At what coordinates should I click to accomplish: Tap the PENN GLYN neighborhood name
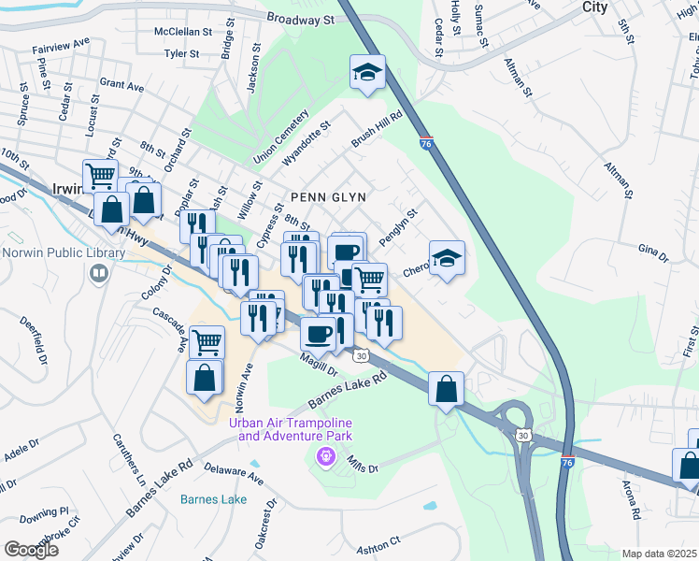[x=327, y=197]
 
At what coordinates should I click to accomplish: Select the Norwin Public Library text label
[x=64, y=253]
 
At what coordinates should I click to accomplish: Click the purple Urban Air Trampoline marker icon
[x=325, y=457]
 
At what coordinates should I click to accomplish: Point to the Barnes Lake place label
[x=213, y=499]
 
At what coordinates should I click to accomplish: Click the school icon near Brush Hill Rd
[x=368, y=72]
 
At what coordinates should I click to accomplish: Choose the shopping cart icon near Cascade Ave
[x=207, y=341]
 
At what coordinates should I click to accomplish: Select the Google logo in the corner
[x=31, y=550]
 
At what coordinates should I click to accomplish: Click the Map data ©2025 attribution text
[x=658, y=554]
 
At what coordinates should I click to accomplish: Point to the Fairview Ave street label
[x=61, y=42]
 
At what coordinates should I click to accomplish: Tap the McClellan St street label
[x=190, y=31]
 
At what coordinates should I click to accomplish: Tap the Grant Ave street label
[x=121, y=86]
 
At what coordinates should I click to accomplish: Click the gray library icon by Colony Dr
[x=99, y=273]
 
